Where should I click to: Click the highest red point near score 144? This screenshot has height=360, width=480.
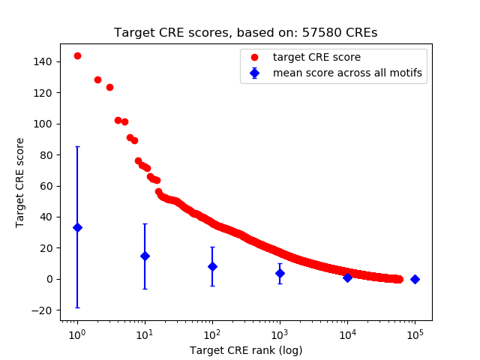click(77, 55)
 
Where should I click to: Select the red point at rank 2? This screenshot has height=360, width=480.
click(97, 79)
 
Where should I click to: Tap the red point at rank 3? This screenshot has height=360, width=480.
click(109, 87)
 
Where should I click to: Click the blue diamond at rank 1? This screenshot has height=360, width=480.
click(77, 227)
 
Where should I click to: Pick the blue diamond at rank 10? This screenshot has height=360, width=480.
click(145, 256)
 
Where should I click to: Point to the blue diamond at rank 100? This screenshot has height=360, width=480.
click(212, 266)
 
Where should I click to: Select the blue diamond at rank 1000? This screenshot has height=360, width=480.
click(280, 273)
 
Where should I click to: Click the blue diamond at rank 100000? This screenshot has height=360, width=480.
click(415, 279)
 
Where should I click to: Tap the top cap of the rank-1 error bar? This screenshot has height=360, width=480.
click(77, 147)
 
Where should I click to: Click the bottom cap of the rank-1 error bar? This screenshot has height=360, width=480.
click(77, 307)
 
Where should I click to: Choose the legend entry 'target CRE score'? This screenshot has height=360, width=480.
click(316, 57)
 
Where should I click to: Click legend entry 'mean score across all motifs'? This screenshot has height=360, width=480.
click(346, 73)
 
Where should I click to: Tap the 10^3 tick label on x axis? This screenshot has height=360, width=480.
click(280, 334)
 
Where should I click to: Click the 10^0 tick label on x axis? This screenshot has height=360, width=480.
click(77, 334)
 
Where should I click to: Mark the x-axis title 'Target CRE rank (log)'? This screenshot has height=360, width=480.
click(246, 349)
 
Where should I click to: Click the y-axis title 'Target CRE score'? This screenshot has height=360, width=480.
click(21, 182)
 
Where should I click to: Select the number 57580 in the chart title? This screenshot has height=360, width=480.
click(317, 33)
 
